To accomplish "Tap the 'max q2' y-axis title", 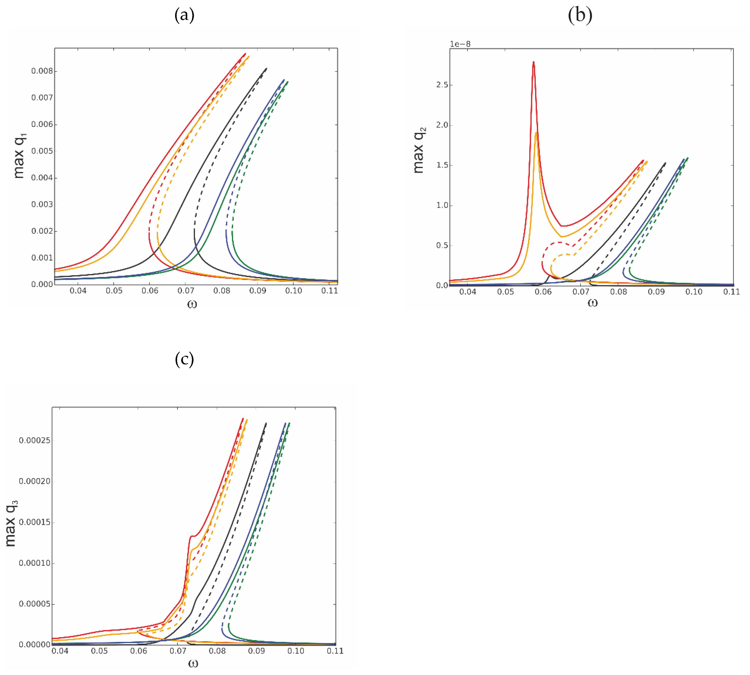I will (x=419, y=150).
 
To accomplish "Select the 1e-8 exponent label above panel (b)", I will (x=460, y=44).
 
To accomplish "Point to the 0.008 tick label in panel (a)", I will (x=42, y=71).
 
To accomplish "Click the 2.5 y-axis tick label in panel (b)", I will (x=442, y=85).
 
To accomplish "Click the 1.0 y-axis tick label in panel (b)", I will (x=442, y=205).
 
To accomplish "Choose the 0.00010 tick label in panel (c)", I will (x=35, y=563).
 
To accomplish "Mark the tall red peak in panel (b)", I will (x=533, y=62).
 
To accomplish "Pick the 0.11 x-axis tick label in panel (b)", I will (x=731, y=292).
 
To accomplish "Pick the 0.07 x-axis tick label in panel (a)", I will (x=186, y=291).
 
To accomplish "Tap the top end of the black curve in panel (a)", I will (x=266, y=69).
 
